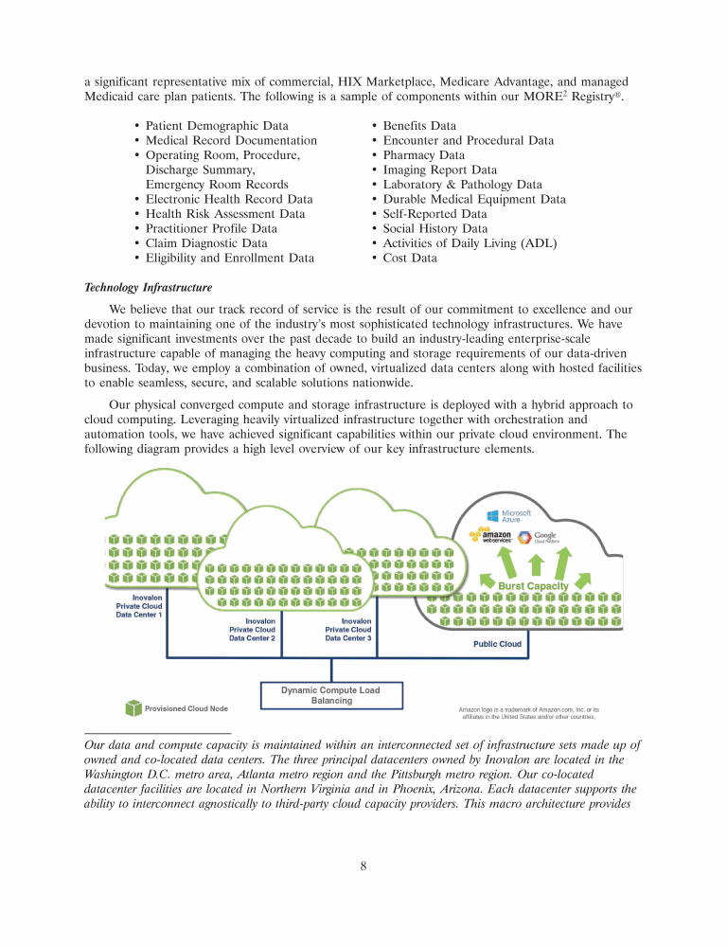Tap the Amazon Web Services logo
pyautogui.click(x=491, y=537)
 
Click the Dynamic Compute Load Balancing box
pyautogui.click(x=330, y=695)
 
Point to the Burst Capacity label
pyautogui.click(x=533, y=585)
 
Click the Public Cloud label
pyautogui.click(x=497, y=644)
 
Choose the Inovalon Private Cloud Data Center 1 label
pyautogui.click(x=139, y=606)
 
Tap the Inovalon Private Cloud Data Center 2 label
pyautogui.click(x=252, y=630)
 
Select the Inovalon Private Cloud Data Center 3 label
pyautogui.click(x=348, y=630)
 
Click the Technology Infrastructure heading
pyautogui.click(x=148, y=286)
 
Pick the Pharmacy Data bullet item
pyautogui.click(x=423, y=155)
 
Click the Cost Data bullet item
pyautogui.click(x=410, y=258)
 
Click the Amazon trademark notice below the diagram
pyautogui.click(x=528, y=713)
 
